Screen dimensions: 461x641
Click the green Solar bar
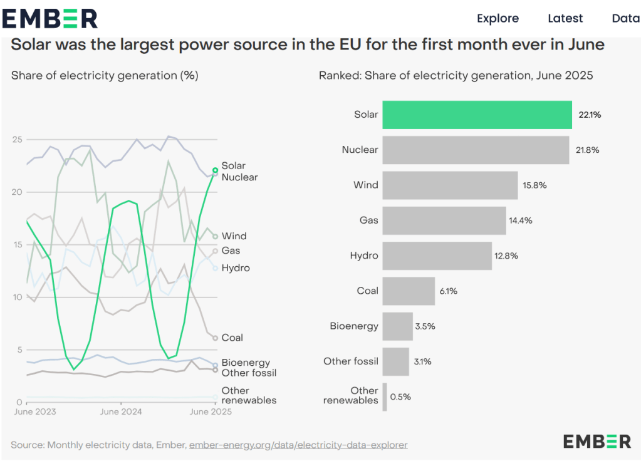coord(477,115)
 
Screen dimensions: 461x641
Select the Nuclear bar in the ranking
coord(476,150)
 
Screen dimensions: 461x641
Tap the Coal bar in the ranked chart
coord(409,291)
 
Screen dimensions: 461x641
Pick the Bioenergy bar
coord(397,326)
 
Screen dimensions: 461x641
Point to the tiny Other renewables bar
coord(385,396)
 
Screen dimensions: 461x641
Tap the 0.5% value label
coord(400,397)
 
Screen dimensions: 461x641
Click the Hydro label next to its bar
coord(364,256)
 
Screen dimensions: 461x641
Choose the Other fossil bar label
coord(351,361)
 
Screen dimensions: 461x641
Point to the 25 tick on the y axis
coord(18,139)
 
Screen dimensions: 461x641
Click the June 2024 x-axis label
coord(121,412)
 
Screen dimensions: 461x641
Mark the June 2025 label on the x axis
coord(211,412)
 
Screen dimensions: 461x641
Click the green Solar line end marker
coord(215,170)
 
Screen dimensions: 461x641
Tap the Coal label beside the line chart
coord(232,338)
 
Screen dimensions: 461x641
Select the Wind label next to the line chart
coord(234,236)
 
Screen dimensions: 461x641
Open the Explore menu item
coord(498,18)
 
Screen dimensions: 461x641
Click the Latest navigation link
coord(565,18)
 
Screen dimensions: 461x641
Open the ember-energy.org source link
coord(298,445)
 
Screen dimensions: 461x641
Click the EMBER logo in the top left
coord(50,18)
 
